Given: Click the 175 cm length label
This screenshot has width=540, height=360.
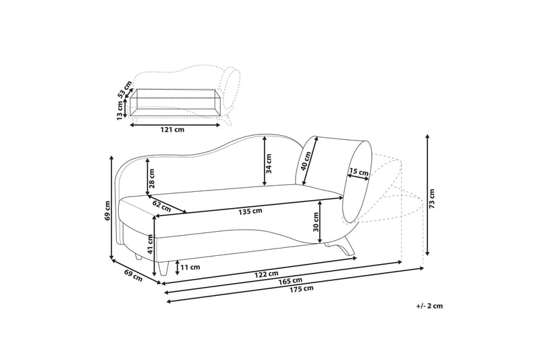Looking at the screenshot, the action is coord(302,289).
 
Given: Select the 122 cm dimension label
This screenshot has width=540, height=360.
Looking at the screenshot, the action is coord(267,274).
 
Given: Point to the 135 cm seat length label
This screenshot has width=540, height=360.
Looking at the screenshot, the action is coord(250,211).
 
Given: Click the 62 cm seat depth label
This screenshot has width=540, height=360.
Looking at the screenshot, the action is coord(161,207).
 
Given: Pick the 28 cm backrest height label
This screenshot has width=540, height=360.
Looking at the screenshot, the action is coord(153,178).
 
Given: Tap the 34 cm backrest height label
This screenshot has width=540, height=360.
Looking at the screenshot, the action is coord(269,163).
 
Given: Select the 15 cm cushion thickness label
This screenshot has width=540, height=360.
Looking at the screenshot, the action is coord(359,172).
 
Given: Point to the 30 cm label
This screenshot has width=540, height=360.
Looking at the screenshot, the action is coord(316,222).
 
